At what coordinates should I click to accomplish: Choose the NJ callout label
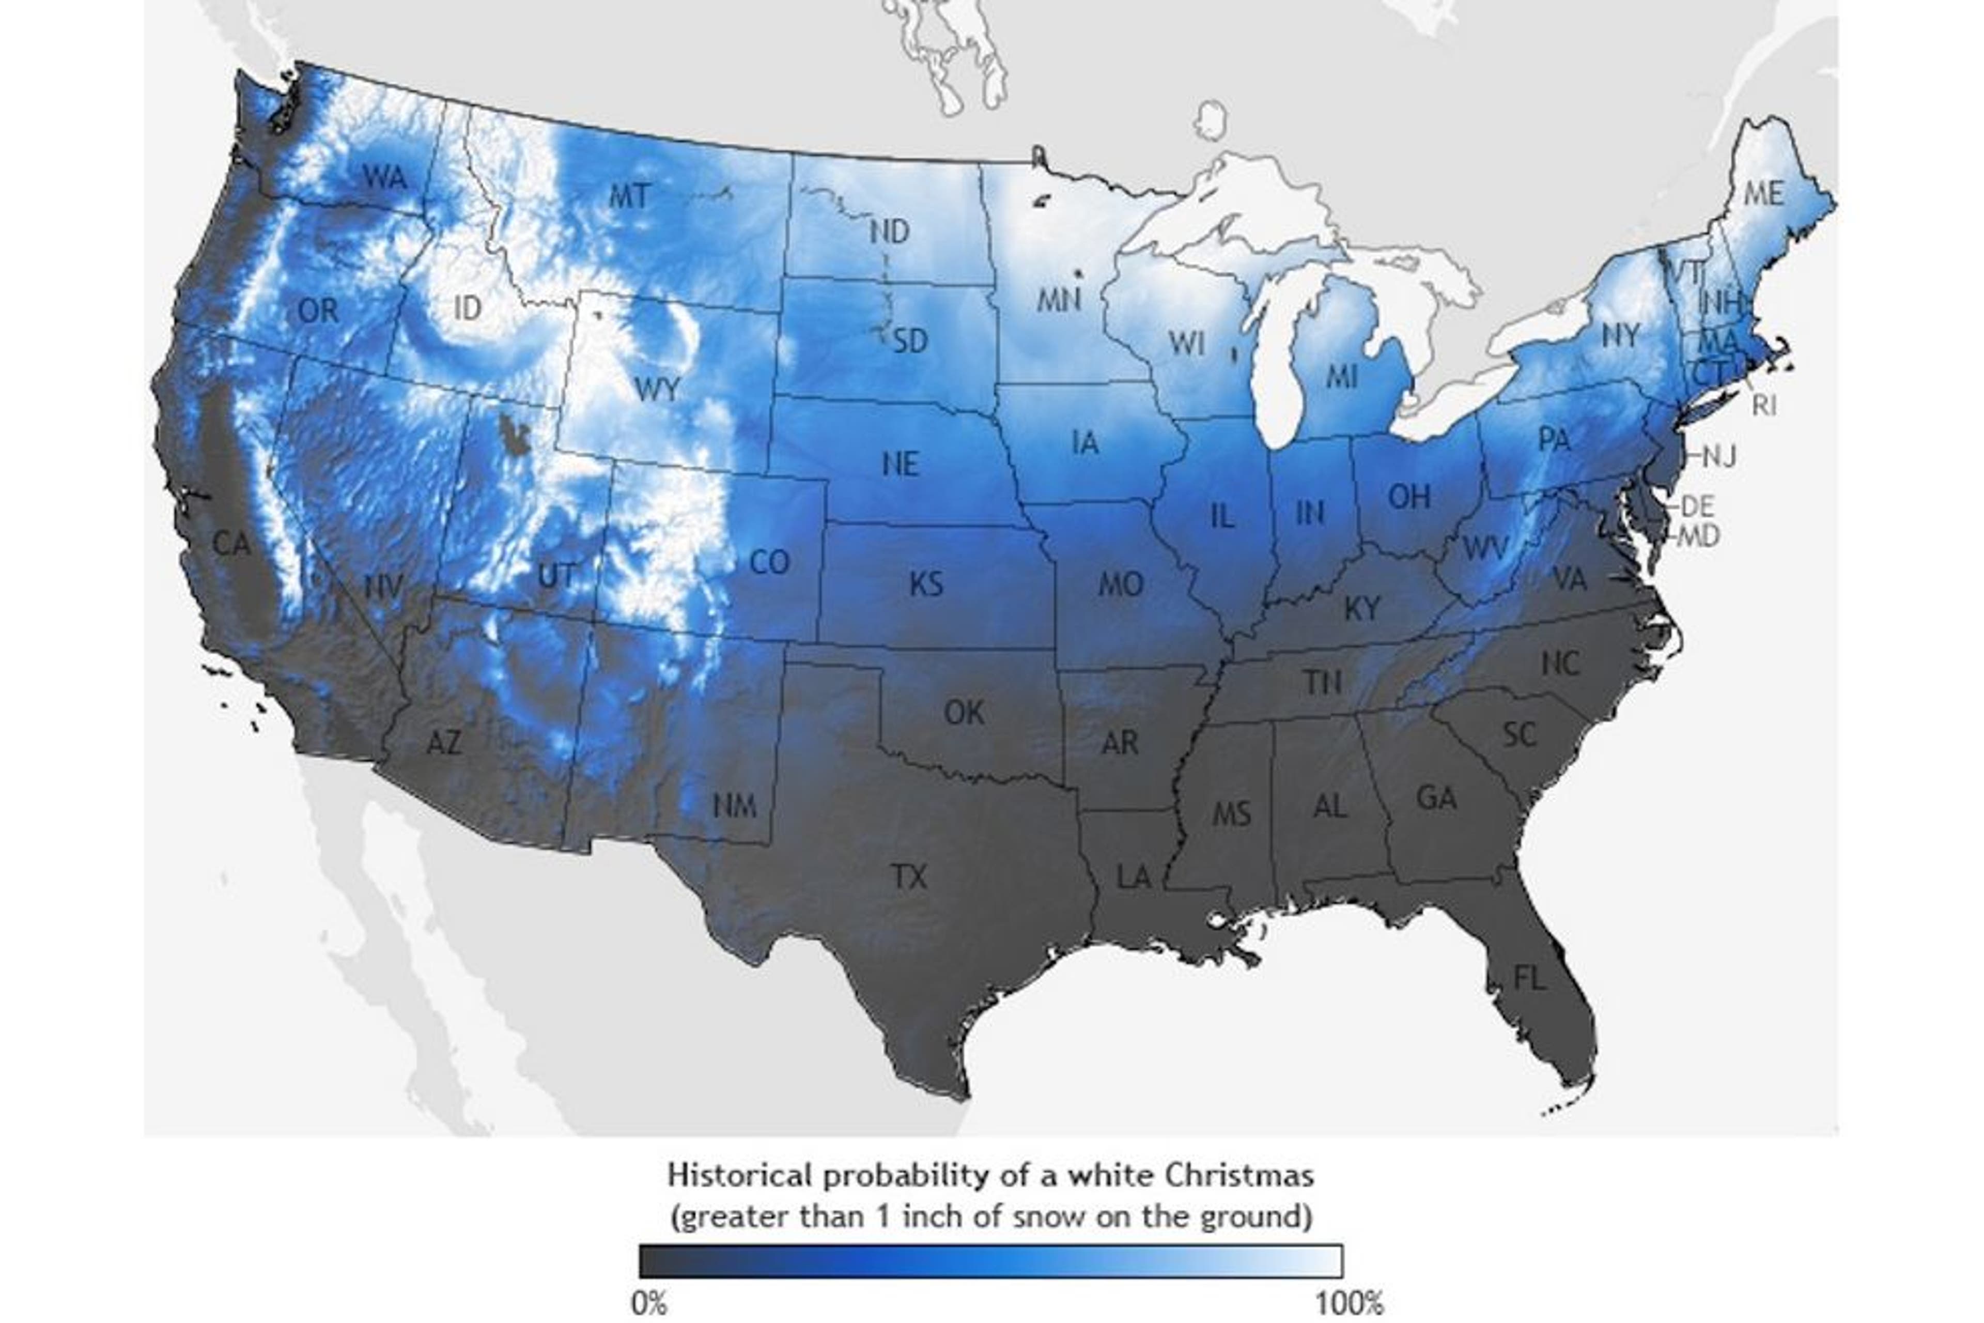1718,456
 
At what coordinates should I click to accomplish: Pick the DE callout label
1697,506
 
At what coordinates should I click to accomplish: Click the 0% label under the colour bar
649,1303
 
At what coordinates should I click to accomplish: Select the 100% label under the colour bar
1350,1303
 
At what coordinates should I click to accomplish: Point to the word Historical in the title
740,1175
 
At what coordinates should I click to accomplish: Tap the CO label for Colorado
769,562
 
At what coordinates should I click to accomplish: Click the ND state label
890,231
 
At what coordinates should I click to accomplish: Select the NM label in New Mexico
734,806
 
